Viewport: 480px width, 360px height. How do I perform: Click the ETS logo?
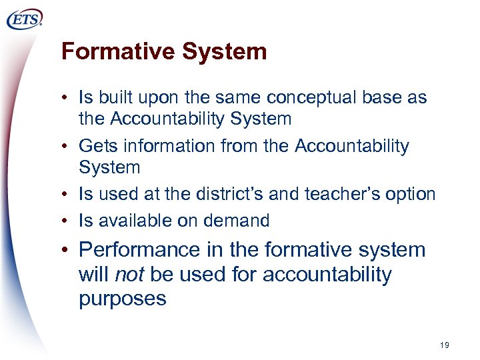pyautogui.click(x=25, y=20)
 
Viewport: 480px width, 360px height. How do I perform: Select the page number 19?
pyautogui.click(x=445, y=345)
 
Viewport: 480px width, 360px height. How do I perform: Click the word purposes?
pyautogui.click(x=122, y=298)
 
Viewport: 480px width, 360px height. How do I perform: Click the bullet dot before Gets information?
pyautogui.click(x=69, y=146)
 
